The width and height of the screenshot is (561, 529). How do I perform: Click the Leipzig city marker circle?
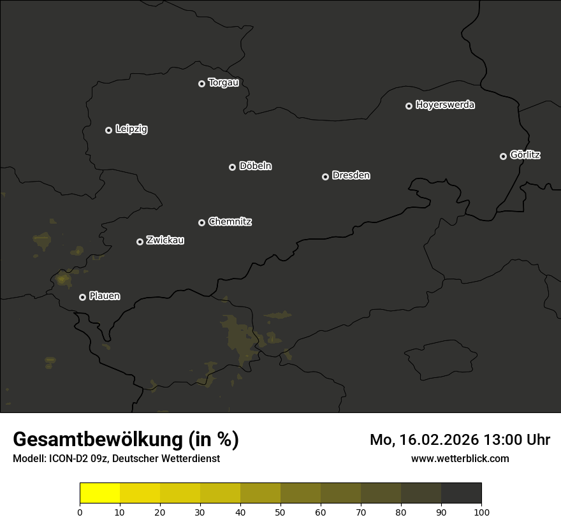108,130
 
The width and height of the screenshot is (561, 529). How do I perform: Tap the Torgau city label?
223,83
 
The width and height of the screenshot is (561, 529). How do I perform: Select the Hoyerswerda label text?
445,105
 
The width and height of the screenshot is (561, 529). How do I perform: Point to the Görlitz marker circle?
503,156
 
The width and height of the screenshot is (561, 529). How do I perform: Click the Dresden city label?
351,175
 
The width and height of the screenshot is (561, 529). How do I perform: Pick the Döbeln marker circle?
232,167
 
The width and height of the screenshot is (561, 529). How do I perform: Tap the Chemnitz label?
229,222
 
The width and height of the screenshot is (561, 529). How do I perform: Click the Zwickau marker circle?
140,242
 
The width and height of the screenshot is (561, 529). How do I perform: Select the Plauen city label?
105,296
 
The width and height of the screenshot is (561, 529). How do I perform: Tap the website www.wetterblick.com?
460,458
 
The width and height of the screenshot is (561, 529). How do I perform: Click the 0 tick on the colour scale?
80,512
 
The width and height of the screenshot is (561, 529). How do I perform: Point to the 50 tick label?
280,512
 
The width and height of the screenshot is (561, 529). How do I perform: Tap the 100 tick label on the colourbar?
481,512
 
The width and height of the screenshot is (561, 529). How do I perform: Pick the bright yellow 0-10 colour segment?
100,493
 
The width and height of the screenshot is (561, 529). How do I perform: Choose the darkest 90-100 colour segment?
461,493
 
